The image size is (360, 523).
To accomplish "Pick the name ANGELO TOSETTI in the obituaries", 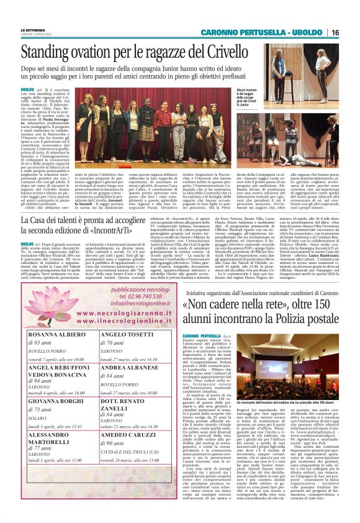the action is click(125, 334).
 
